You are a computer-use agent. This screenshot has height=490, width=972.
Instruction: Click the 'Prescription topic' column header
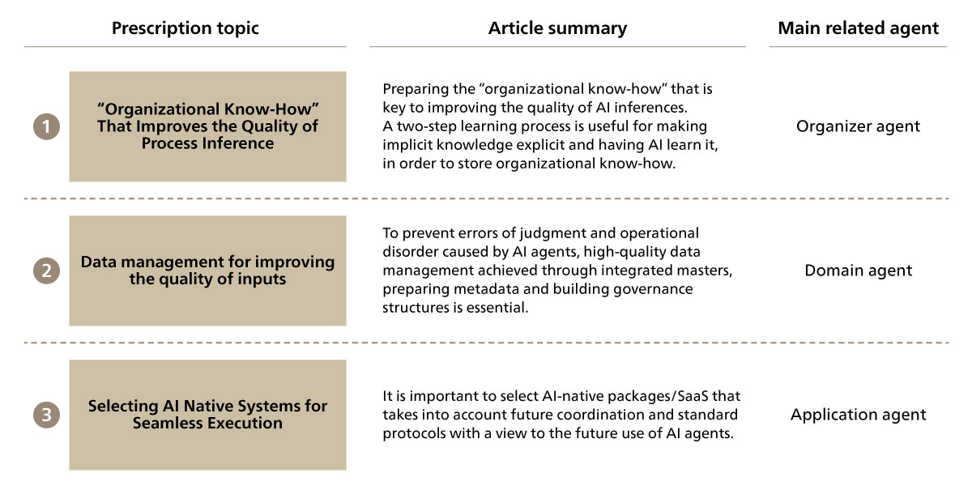[x=185, y=28]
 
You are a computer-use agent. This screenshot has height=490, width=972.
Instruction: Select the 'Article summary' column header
[x=557, y=28]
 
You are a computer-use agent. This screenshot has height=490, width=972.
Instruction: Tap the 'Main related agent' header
[x=859, y=28]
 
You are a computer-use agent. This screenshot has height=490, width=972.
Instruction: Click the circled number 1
[x=46, y=126]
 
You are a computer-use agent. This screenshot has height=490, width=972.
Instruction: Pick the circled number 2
[x=46, y=271]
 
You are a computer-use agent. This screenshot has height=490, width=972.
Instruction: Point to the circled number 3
[x=46, y=415]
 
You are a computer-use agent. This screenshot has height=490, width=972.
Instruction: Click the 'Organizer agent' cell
[x=858, y=126]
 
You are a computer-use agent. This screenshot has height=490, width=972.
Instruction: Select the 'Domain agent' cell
[x=859, y=271]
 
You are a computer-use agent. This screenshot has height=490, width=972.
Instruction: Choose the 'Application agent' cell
[x=859, y=415]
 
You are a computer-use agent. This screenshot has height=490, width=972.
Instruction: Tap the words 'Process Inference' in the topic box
[x=207, y=143]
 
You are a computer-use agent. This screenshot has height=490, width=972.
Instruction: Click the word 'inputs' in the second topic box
[x=261, y=279]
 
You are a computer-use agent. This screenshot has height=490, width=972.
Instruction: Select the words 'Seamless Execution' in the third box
[x=207, y=423]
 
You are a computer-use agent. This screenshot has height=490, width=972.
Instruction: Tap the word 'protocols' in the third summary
[x=415, y=433]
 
